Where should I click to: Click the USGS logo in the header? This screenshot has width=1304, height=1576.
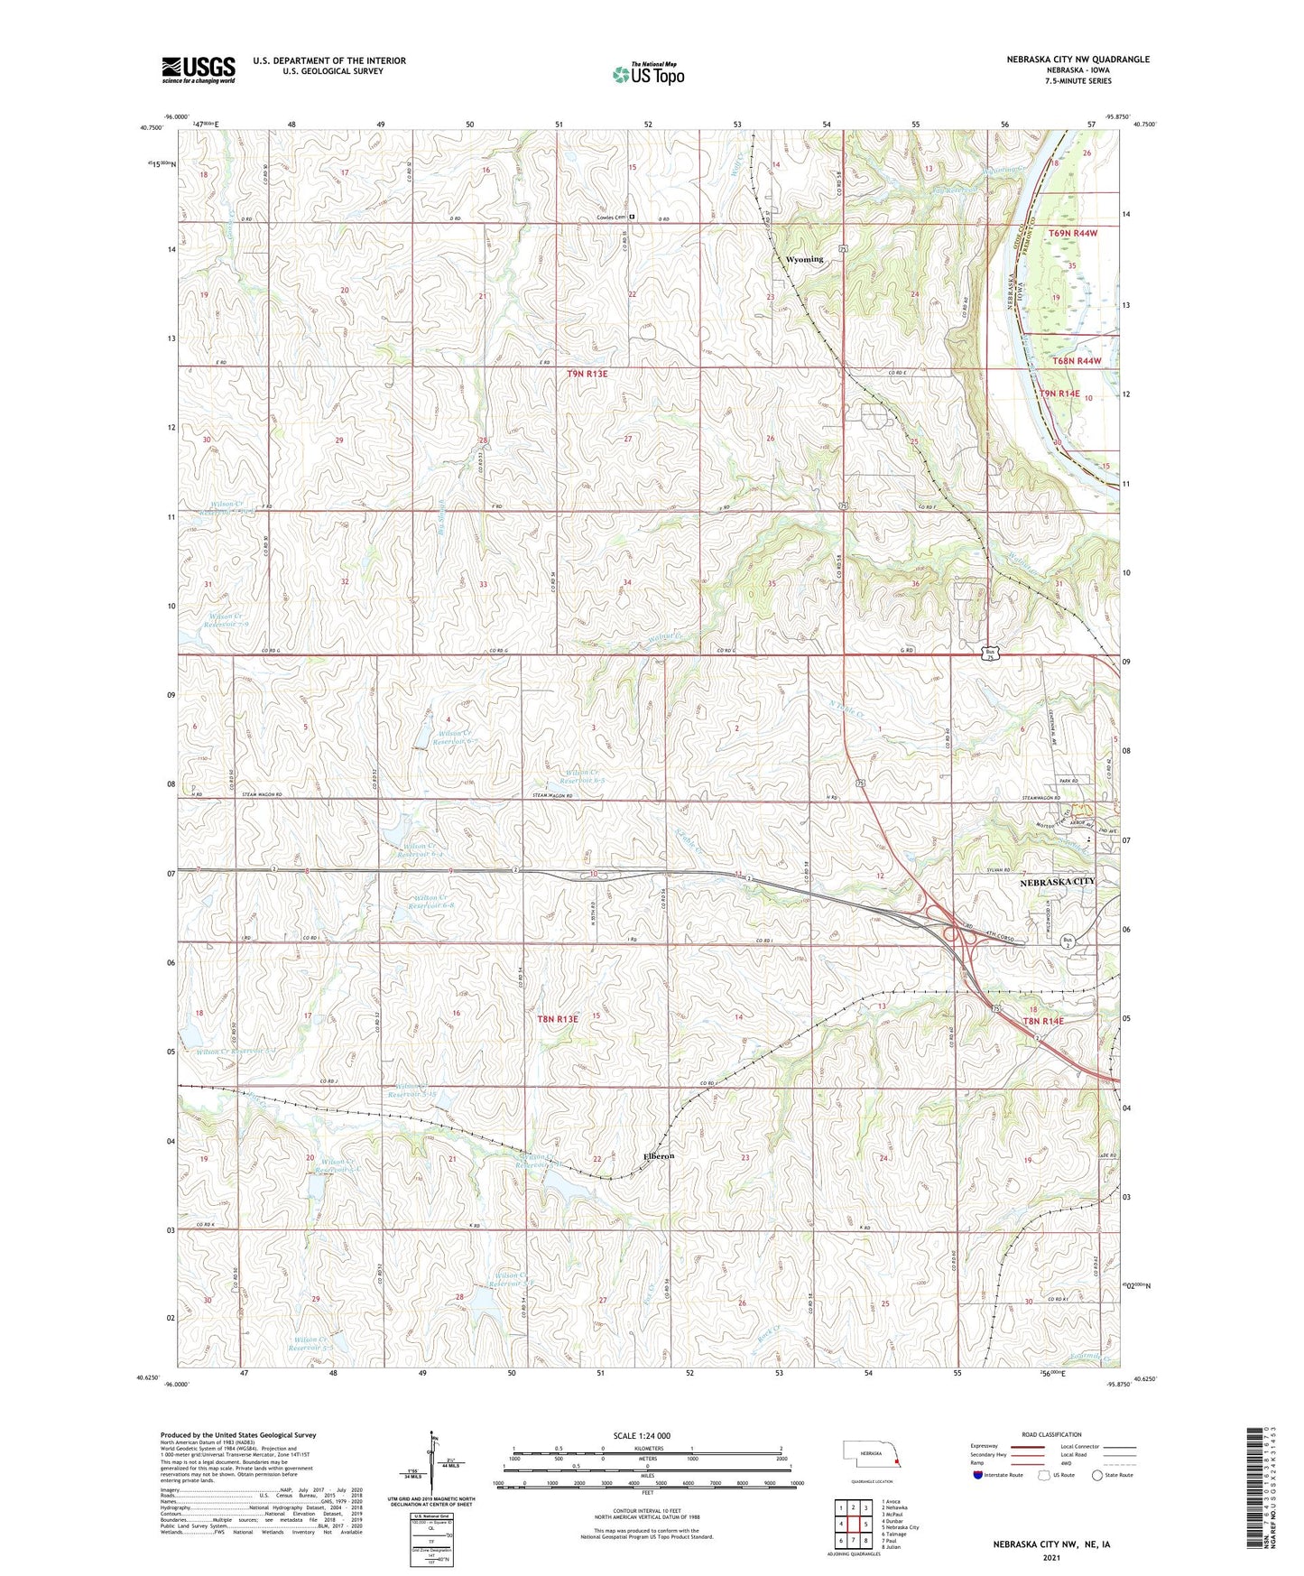(198, 70)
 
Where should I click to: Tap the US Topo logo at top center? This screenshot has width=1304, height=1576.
(647, 74)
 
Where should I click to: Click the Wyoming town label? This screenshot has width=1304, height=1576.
(804, 259)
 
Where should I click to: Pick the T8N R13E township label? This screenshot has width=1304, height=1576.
(557, 1018)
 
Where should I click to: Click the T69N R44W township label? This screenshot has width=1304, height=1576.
(1074, 234)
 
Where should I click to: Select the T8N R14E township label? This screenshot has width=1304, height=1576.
(1043, 1021)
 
